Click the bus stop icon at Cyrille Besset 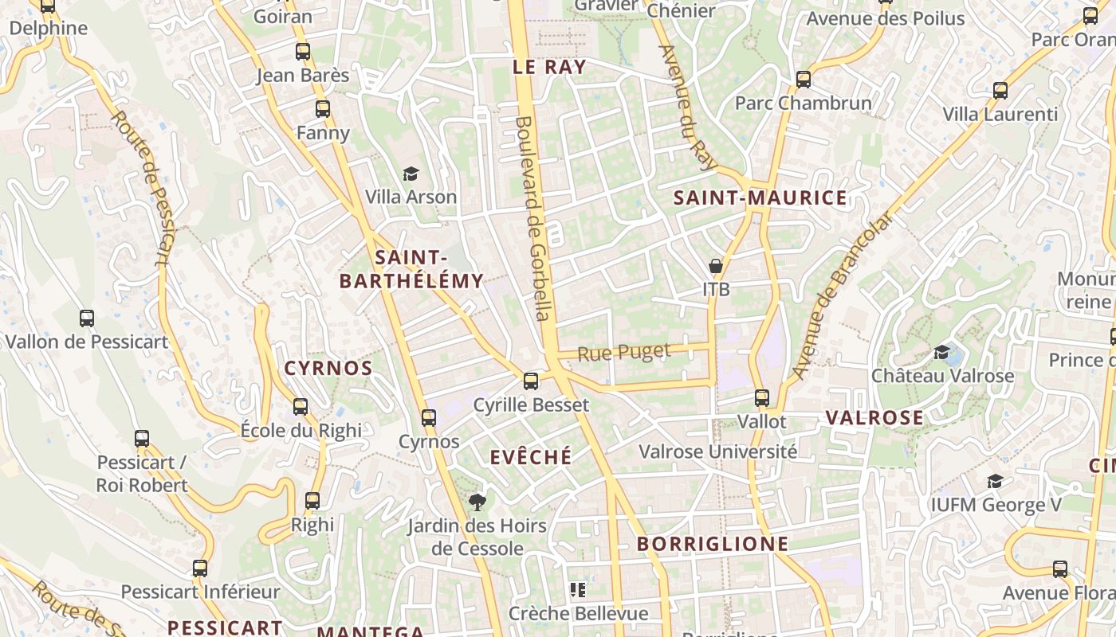tap(531, 381)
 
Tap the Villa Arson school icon tap(411, 174)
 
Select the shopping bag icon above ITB tap(716, 266)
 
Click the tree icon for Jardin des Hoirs tap(477, 502)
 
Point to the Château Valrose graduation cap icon tap(942, 352)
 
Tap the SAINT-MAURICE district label tap(760, 198)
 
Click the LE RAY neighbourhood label tap(549, 67)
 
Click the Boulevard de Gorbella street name tap(533, 219)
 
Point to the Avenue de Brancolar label tap(842, 295)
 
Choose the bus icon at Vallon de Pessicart tap(87, 318)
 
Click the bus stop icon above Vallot tap(762, 397)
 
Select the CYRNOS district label tap(328, 368)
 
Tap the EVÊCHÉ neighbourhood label tap(531, 457)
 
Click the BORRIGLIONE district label tap(713, 545)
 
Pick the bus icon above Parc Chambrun tap(804, 80)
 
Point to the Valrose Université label tap(717, 452)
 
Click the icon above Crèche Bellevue tap(578, 590)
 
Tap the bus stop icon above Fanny tap(323, 109)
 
